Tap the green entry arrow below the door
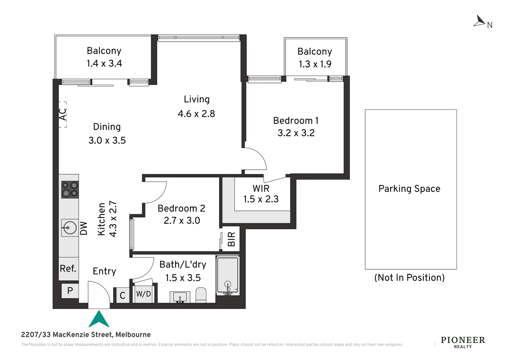pos(99,319)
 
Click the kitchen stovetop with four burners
pos(70,189)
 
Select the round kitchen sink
pos(70,228)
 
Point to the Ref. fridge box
pos(68,269)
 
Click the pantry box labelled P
pos(70,291)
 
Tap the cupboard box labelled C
pos(123,295)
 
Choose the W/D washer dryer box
pos(144,294)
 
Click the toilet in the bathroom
pos(201,295)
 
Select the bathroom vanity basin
pos(180,297)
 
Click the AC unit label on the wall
pos(63,114)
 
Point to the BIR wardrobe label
pos(232,239)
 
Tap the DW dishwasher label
pos(84,228)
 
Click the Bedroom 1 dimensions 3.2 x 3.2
pos(296,133)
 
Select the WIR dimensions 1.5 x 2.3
pos(261,199)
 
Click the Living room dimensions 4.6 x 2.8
pos(196,114)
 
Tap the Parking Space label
pos(409,189)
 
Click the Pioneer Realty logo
pos(463,342)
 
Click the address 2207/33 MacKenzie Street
pos(86,335)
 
